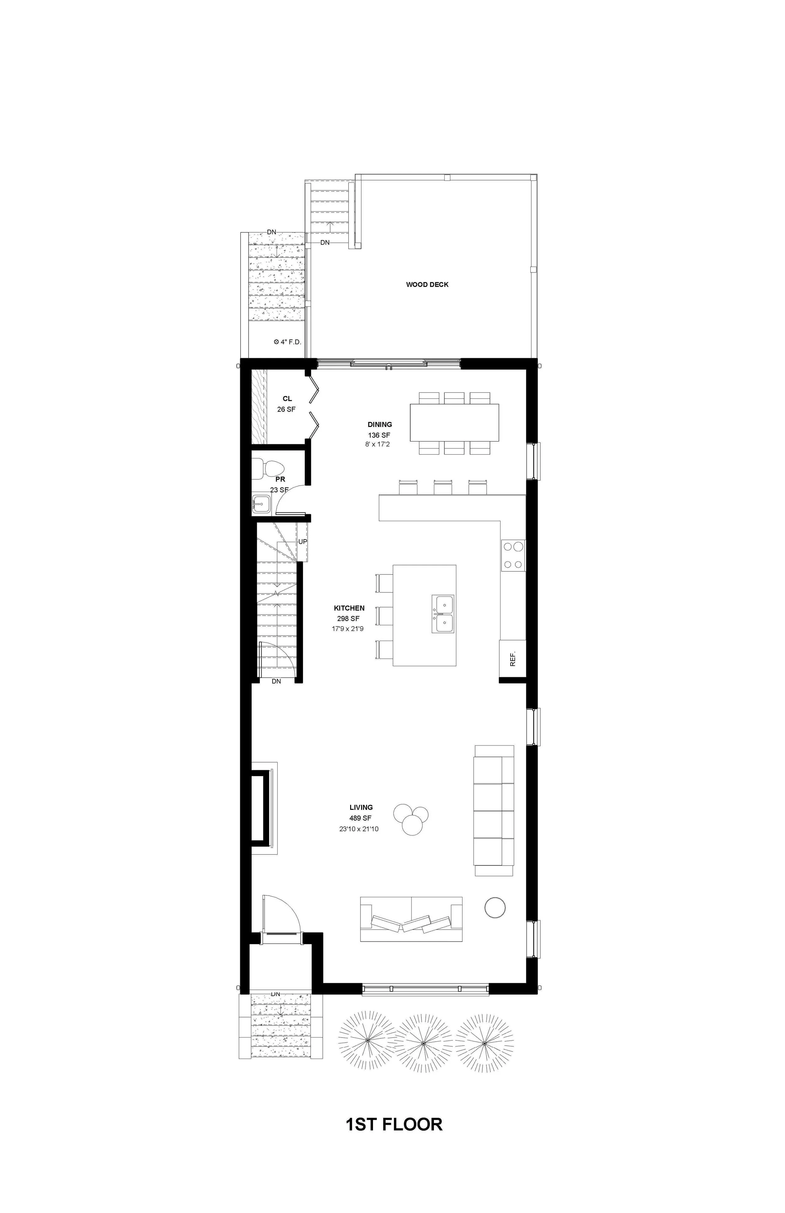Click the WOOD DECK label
pyautogui.click(x=427, y=284)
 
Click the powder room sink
pyautogui.click(x=262, y=504)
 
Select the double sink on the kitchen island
pyautogui.click(x=443, y=614)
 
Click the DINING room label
pyautogui.click(x=380, y=424)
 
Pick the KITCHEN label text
pyautogui.click(x=349, y=608)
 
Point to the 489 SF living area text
pyautogui.click(x=361, y=818)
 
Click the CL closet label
pyautogui.click(x=288, y=399)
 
